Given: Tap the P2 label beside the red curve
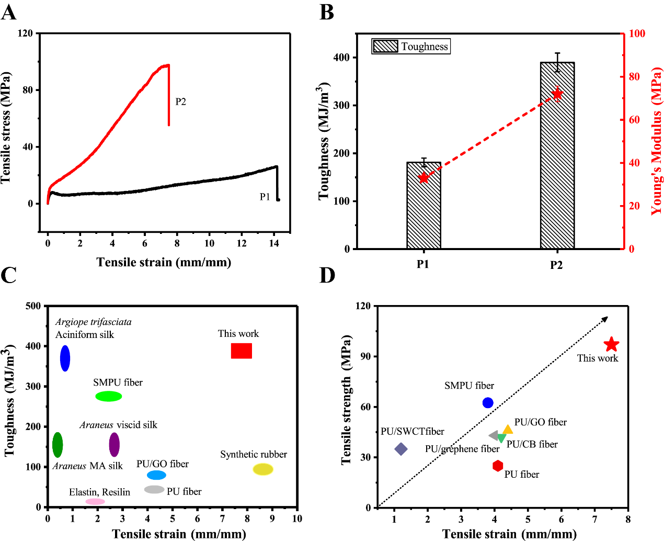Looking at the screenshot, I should tap(180, 102).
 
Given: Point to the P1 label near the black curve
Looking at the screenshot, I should tap(265, 197).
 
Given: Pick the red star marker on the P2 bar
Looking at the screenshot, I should tap(557, 94).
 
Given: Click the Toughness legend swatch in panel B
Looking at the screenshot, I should tap(386, 47).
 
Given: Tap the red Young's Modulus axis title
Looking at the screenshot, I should tap(656, 141).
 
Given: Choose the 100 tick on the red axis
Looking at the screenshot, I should tap(637, 33).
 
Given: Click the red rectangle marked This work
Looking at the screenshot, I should tap(242, 351).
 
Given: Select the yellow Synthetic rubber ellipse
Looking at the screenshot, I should tap(263, 469).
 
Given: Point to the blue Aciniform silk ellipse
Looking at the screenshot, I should tap(65, 358).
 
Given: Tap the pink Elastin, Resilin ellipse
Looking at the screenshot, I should tap(95, 502).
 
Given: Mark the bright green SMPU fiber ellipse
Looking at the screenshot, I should tap(109, 396).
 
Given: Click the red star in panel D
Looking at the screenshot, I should tap(611, 345).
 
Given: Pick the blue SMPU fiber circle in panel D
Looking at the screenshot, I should tap(488, 403).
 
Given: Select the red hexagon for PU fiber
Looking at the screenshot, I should tap(498, 466).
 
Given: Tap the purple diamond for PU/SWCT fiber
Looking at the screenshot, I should tap(401, 449).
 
